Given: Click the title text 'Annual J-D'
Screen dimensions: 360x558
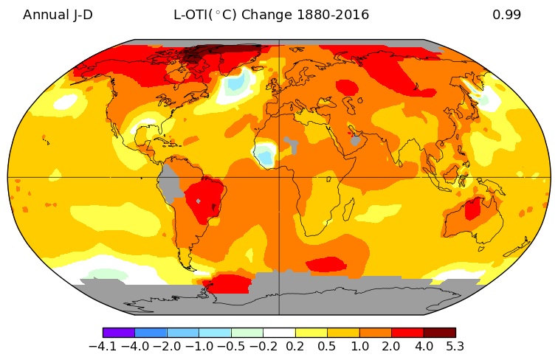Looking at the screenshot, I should (x=58, y=15).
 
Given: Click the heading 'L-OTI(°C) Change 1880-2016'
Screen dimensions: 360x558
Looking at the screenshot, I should (x=271, y=15).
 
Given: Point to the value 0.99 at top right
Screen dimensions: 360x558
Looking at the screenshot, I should (x=507, y=15).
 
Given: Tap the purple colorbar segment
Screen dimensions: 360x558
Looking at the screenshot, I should (x=119, y=333).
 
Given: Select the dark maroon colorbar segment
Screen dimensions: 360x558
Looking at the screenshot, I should (x=439, y=333).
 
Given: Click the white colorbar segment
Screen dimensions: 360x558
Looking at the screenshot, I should (x=279, y=333).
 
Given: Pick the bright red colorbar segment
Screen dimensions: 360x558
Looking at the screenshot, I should (x=407, y=333).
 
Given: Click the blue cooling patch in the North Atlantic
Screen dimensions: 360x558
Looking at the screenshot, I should (x=237, y=83).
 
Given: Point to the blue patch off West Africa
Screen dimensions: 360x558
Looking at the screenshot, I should (x=263, y=155).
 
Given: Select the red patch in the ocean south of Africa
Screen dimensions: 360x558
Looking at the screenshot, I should (x=325, y=264).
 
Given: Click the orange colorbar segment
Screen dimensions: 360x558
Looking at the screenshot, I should (x=375, y=333).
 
